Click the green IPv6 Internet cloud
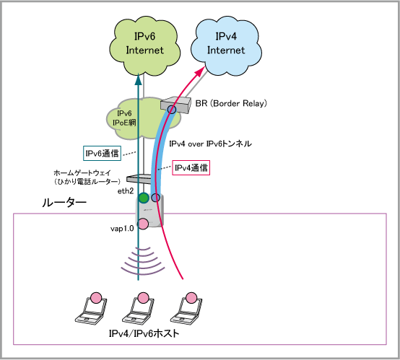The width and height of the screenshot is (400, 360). click(144, 46)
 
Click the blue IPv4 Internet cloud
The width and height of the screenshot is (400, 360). click(226, 46)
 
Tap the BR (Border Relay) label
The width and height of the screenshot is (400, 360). click(231, 103)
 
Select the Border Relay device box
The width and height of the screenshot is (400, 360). click(176, 105)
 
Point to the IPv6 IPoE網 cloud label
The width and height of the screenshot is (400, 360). click(124, 118)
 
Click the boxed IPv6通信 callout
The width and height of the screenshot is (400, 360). click(102, 153)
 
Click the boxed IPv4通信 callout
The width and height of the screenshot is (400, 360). click(191, 168)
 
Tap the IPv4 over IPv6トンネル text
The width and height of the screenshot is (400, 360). click(210, 144)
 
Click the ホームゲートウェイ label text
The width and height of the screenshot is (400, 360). click(82, 173)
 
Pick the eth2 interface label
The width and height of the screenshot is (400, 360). click(126, 191)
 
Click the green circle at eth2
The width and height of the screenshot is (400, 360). click(144, 198)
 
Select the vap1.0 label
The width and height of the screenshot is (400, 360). click(122, 229)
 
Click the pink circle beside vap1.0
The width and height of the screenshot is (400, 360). click(143, 224)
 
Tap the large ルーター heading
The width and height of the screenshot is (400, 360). click(64, 203)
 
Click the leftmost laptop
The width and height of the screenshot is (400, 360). click(91, 309)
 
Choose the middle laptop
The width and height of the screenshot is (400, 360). click(139, 309)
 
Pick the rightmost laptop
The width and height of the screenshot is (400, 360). click(186, 309)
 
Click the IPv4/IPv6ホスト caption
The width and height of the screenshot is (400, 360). click(144, 333)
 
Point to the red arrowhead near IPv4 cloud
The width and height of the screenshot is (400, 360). click(201, 71)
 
